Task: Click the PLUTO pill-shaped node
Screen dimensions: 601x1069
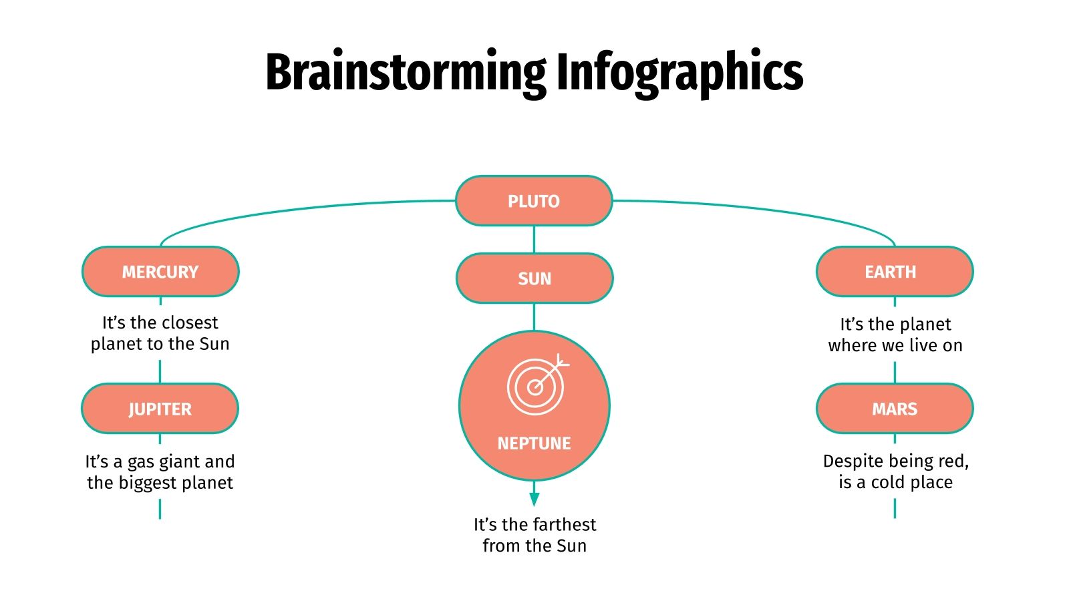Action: click(x=534, y=201)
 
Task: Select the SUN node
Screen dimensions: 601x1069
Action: click(x=534, y=278)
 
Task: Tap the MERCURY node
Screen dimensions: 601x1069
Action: click(x=160, y=272)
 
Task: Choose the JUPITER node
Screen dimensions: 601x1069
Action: click(x=160, y=409)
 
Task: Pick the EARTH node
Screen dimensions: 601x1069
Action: click(x=895, y=272)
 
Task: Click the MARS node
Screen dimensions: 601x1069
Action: click(x=895, y=409)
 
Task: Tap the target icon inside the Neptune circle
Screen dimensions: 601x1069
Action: click(x=537, y=385)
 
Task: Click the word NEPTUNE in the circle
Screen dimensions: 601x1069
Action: click(x=534, y=443)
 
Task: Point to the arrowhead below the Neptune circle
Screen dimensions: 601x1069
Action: click(x=534, y=499)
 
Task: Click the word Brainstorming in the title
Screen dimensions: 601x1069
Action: click(x=406, y=73)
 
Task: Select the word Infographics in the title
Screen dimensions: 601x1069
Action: click(x=679, y=73)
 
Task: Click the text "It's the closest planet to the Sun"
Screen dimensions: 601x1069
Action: click(x=160, y=333)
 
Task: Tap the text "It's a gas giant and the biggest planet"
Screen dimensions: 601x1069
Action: click(x=160, y=472)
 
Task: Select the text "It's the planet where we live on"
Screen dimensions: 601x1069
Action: click(x=895, y=335)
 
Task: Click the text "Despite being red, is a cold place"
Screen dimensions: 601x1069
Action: click(x=895, y=471)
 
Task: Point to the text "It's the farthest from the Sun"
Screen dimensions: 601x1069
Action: click(x=534, y=535)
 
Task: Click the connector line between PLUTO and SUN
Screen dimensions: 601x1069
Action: click(x=534, y=239)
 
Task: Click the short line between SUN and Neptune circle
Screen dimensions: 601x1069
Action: click(x=534, y=317)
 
